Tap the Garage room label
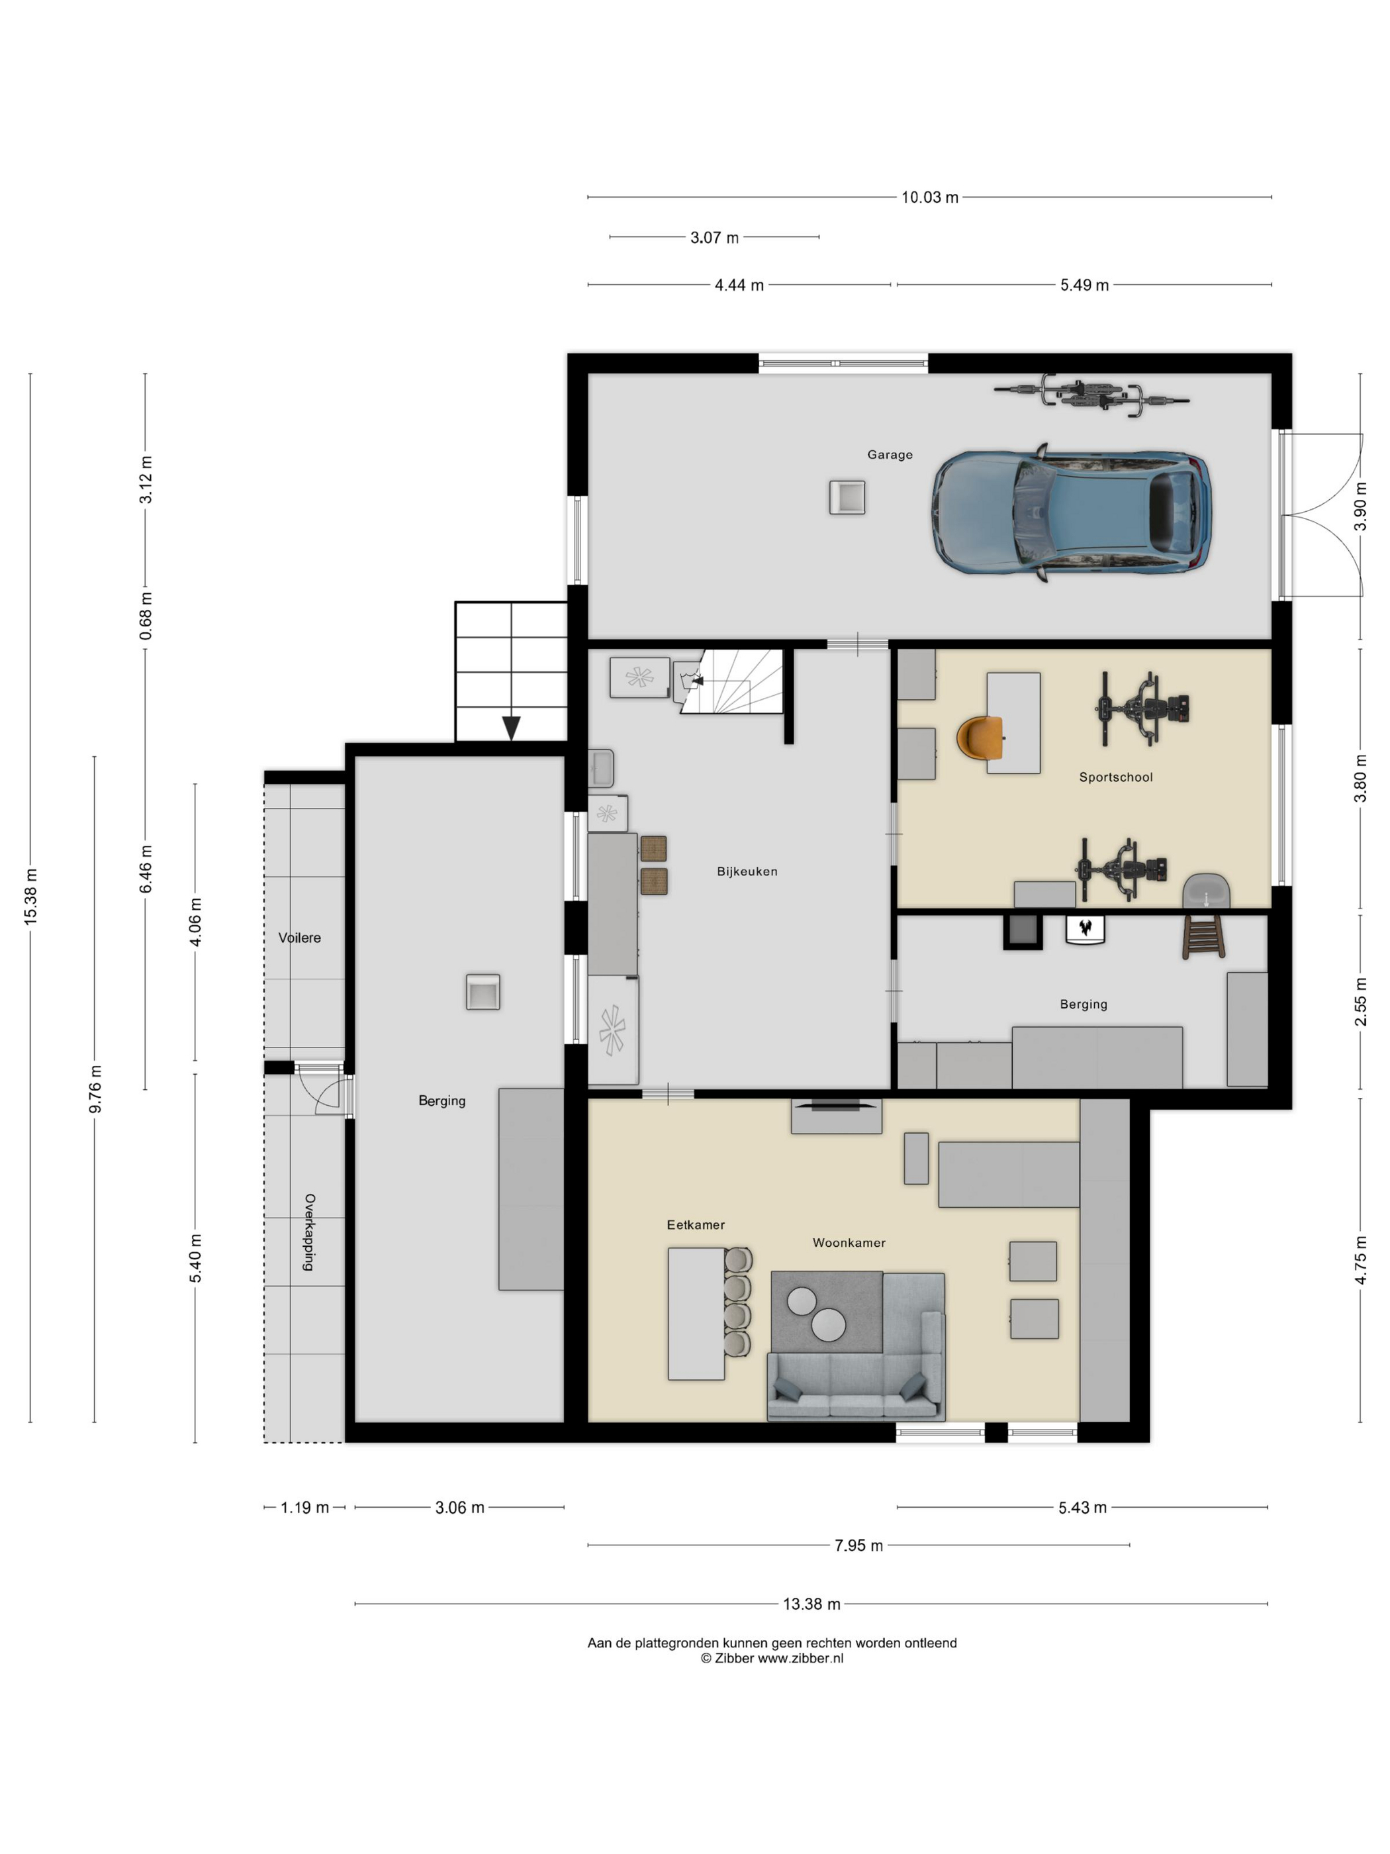pyautogui.click(x=889, y=454)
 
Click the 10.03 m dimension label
pyautogui.click(x=929, y=198)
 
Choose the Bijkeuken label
pyautogui.click(x=747, y=871)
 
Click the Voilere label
pyautogui.click(x=299, y=937)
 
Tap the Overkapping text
pyautogui.click(x=309, y=1232)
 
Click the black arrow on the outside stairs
pyautogui.click(x=511, y=728)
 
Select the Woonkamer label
pyautogui.click(x=849, y=1242)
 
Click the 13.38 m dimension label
pyautogui.click(x=811, y=1604)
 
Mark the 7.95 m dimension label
pyautogui.click(x=858, y=1545)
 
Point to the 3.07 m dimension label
pyautogui.click(x=714, y=238)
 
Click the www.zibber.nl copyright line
pyautogui.click(x=772, y=1658)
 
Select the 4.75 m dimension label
pyautogui.click(x=1361, y=1260)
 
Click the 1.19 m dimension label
pyautogui.click(x=304, y=1508)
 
